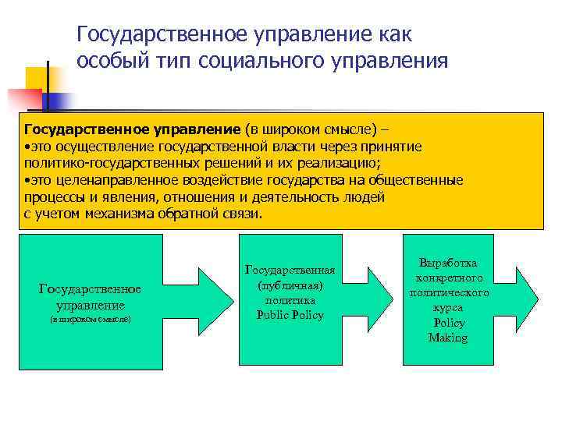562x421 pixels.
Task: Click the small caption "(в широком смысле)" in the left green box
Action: (90, 320)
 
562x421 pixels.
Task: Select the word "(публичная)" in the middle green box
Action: (290, 285)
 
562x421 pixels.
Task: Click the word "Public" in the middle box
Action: (273, 315)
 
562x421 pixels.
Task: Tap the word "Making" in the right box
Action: (448, 338)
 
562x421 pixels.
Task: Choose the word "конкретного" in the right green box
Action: (449, 278)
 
